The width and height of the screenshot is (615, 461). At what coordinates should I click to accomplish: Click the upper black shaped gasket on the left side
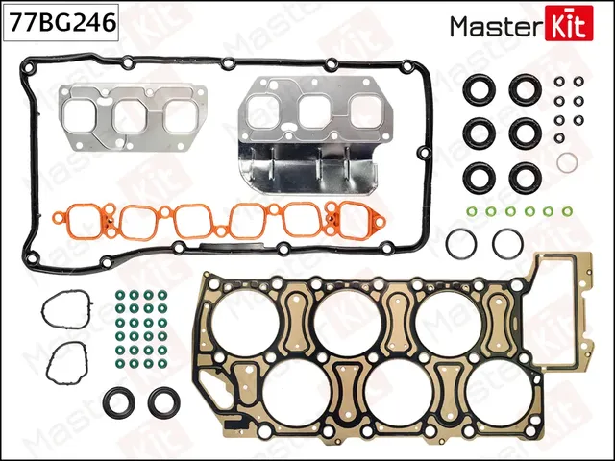click(66, 312)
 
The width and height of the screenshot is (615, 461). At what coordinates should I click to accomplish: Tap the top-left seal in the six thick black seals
click(478, 89)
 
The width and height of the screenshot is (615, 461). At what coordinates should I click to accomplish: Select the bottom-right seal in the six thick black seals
click(524, 177)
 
